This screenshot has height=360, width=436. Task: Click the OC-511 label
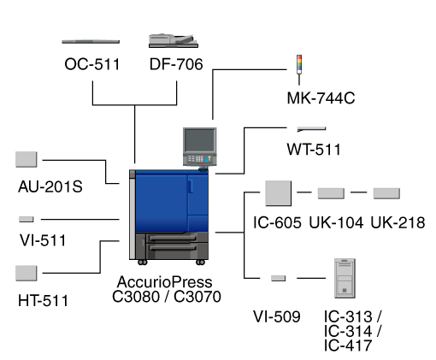tap(92, 64)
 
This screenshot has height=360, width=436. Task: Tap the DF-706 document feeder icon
tap(174, 41)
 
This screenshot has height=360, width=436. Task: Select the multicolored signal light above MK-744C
tap(299, 64)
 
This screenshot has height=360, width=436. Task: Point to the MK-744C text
tap(321, 98)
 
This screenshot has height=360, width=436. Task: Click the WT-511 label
tap(314, 150)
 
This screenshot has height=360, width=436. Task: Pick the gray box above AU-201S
tap(27, 159)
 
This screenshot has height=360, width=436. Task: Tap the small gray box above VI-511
tap(27, 219)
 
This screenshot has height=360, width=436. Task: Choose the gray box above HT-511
tap(27, 273)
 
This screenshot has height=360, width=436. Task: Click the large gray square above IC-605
tap(278, 193)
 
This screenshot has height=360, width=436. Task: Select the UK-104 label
tap(336, 222)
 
